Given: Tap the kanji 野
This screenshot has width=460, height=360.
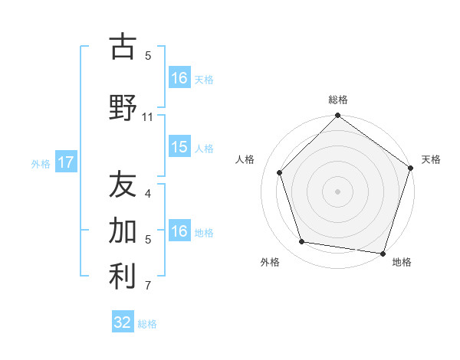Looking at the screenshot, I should click(123, 108).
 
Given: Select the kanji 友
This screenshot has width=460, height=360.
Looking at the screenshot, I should click(123, 185).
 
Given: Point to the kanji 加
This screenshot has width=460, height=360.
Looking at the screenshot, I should click(123, 230).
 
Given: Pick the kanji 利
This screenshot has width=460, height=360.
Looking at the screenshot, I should click(123, 277).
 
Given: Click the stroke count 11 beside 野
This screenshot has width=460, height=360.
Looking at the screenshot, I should click(148, 117).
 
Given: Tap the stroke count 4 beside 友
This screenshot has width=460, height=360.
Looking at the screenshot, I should click(148, 194).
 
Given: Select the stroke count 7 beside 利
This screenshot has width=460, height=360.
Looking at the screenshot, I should click(148, 286).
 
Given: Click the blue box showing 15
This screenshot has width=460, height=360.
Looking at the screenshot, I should click(179, 148).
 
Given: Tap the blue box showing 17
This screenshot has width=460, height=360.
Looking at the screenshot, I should click(65, 162).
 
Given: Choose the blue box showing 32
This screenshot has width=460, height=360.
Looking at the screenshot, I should click(123, 322).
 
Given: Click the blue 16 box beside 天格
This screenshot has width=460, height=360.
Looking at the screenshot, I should click(179, 78).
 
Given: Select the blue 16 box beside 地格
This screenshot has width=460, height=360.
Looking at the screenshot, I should click(179, 232).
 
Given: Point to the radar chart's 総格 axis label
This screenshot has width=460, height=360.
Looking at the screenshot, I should click(337, 100).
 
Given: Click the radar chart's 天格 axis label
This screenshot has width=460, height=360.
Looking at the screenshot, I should click(431, 159).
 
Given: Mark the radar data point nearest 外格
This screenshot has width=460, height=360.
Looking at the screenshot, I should click(302, 242).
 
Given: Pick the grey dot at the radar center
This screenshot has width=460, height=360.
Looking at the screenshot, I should click(337, 191).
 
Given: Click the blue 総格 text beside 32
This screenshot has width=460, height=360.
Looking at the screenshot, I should click(147, 324).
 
